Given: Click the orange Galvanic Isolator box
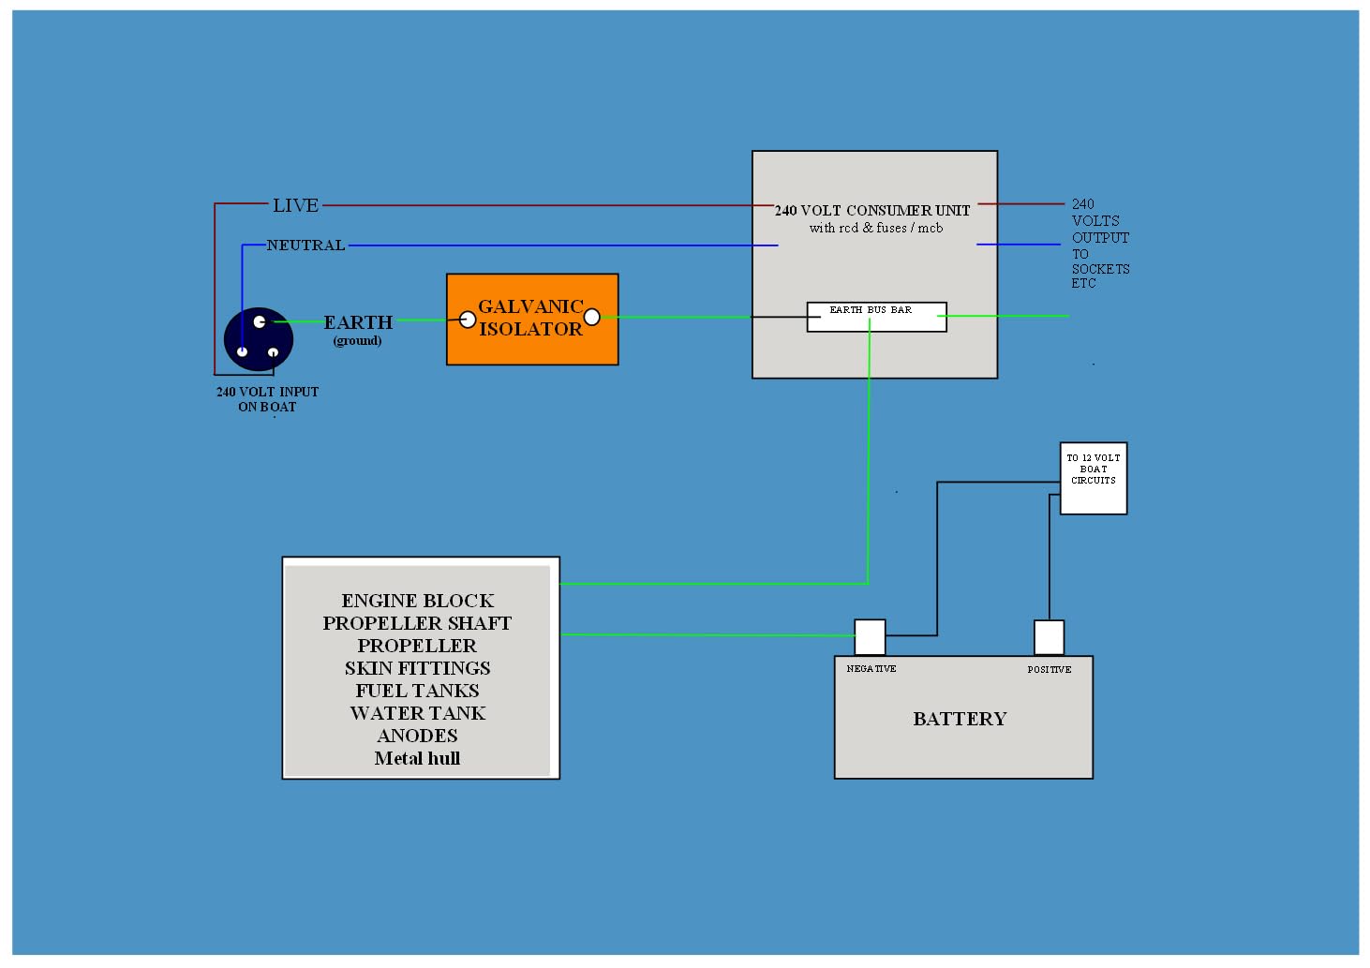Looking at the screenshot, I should pyautogui.click(x=531, y=319).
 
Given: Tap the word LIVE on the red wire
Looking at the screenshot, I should pyautogui.click(x=295, y=205).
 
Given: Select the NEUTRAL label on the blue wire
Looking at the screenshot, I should pyautogui.click(x=305, y=246).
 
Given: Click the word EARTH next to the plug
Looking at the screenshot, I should pyautogui.click(x=358, y=322).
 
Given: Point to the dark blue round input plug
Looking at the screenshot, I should pyautogui.click(x=259, y=339).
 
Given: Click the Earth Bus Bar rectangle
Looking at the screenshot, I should pyautogui.click(x=876, y=317).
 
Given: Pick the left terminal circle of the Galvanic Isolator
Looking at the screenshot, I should pyautogui.click(x=468, y=320).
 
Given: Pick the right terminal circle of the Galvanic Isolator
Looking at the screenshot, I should pyautogui.click(x=592, y=317).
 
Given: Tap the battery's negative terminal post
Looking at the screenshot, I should pyautogui.click(x=870, y=637).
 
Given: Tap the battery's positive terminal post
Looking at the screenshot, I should pyautogui.click(x=1049, y=637).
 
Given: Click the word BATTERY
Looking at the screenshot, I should pyautogui.click(x=960, y=719).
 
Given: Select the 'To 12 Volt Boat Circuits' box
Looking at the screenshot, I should pyautogui.click(x=1093, y=478).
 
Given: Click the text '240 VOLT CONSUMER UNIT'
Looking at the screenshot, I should pyautogui.click(x=871, y=211).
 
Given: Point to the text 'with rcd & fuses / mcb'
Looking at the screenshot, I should pyautogui.click(x=876, y=228).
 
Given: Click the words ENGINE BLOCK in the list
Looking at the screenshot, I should pyautogui.click(x=417, y=601).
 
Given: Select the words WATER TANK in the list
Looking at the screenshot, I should pyautogui.click(x=417, y=713).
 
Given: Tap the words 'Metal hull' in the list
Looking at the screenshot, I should pyautogui.click(x=417, y=758).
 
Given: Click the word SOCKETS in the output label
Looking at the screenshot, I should pyautogui.click(x=1100, y=269).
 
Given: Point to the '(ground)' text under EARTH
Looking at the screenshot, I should pyautogui.click(x=357, y=340).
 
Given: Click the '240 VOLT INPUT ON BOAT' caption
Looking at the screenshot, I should pyautogui.click(x=267, y=399).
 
